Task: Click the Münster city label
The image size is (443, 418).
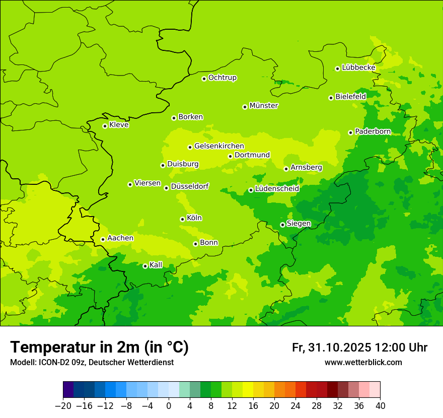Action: click(x=264, y=106)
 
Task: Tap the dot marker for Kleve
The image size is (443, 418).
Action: click(x=105, y=126)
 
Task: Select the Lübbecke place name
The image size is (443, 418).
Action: click(x=358, y=67)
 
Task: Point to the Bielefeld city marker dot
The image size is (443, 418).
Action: click(x=331, y=98)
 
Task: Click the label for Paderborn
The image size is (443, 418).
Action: click(x=373, y=131)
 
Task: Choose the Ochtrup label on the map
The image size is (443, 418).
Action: click(x=222, y=78)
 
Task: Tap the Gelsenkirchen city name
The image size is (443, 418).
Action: click(x=219, y=146)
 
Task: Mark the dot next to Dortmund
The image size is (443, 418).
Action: click(x=230, y=156)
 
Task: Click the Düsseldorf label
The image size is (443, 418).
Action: click(x=189, y=186)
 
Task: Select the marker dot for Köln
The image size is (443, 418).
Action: click(x=182, y=219)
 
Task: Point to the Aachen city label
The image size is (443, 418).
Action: click(x=120, y=238)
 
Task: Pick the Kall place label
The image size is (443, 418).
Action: click(x=156, y=265)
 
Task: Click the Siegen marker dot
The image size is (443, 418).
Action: click(x=282, y=225)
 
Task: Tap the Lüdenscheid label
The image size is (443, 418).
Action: click(x=277, y=189)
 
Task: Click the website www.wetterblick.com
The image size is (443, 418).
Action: click(x=363, y=362)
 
